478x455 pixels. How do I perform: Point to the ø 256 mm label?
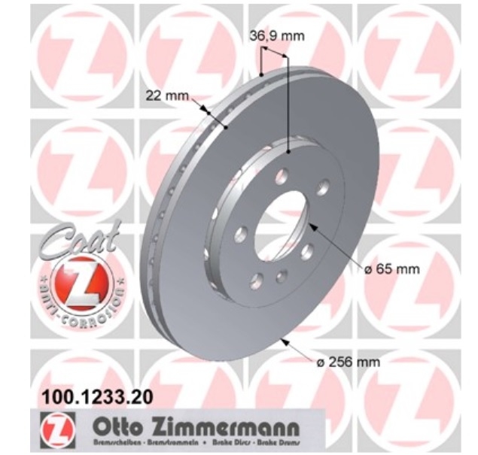tap(349, 362)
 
